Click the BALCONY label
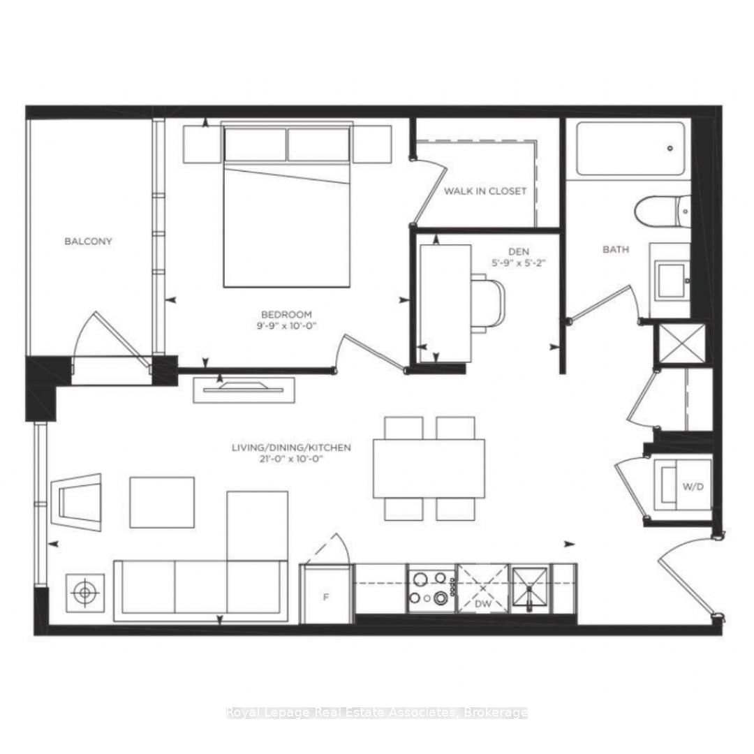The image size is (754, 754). pyautogui.click(x=88, y=242)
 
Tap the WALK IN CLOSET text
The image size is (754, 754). pyautogui.click(x=485, y=191)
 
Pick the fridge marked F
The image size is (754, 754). pyautogui.click(x=325, y=595)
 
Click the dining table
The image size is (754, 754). pyautogui.click(x=429, y=468)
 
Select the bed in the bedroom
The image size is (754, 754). pyautogui.click(x=286, y=216)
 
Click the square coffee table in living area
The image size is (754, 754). pyautogui.click(x=162, y=502)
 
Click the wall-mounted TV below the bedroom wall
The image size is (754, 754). pyautogui.click(x=244, y=389)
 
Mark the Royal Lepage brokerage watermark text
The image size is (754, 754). pyautogui.click(x=377, y=713)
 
